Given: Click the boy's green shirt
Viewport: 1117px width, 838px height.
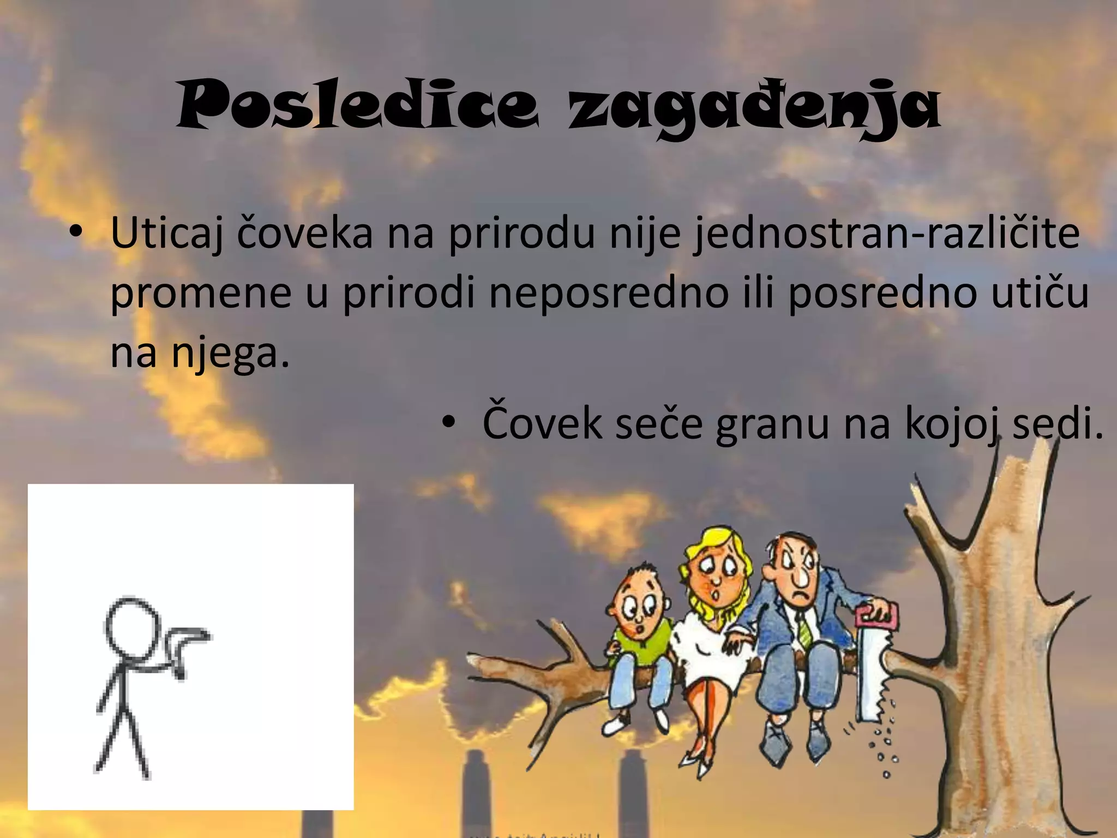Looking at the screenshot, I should [641, 644].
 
